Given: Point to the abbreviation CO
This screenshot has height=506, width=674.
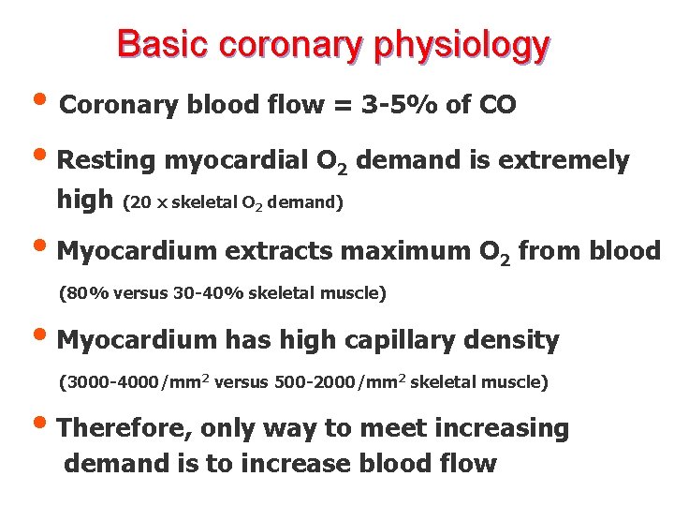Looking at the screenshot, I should pos(495,105).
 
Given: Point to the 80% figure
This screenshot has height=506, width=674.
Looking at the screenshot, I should pos(84,293).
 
